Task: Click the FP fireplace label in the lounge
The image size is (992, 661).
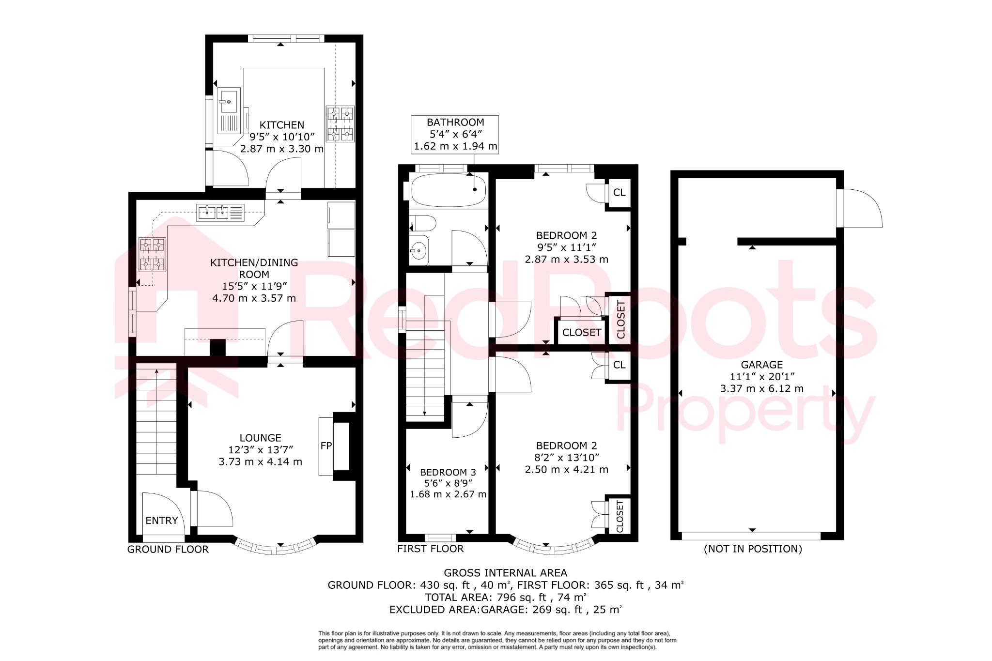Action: [326, 446]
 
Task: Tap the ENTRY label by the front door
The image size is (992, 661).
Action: [162, 521]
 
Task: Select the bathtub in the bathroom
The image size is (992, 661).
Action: [449, 190]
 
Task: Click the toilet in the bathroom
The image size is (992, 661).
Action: [423, 224]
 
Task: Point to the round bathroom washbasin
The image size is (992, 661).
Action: [418, 250]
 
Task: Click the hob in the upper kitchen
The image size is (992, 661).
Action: [340, 124]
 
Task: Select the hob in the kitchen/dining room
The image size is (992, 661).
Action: [152, 254]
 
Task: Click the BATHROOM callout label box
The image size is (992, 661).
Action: [455, 134]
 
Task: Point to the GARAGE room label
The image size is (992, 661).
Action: [761, 365]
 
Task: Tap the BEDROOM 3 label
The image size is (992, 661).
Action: [448, 472]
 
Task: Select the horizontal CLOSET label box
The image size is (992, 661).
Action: [581, 333]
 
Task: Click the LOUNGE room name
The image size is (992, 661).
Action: [260, 438]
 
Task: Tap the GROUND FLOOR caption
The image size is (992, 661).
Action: [168, 549]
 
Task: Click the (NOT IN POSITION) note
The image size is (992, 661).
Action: [753, 549]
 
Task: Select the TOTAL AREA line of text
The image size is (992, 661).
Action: [505, 597]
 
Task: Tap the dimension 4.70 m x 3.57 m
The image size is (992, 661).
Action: [254, 298]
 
